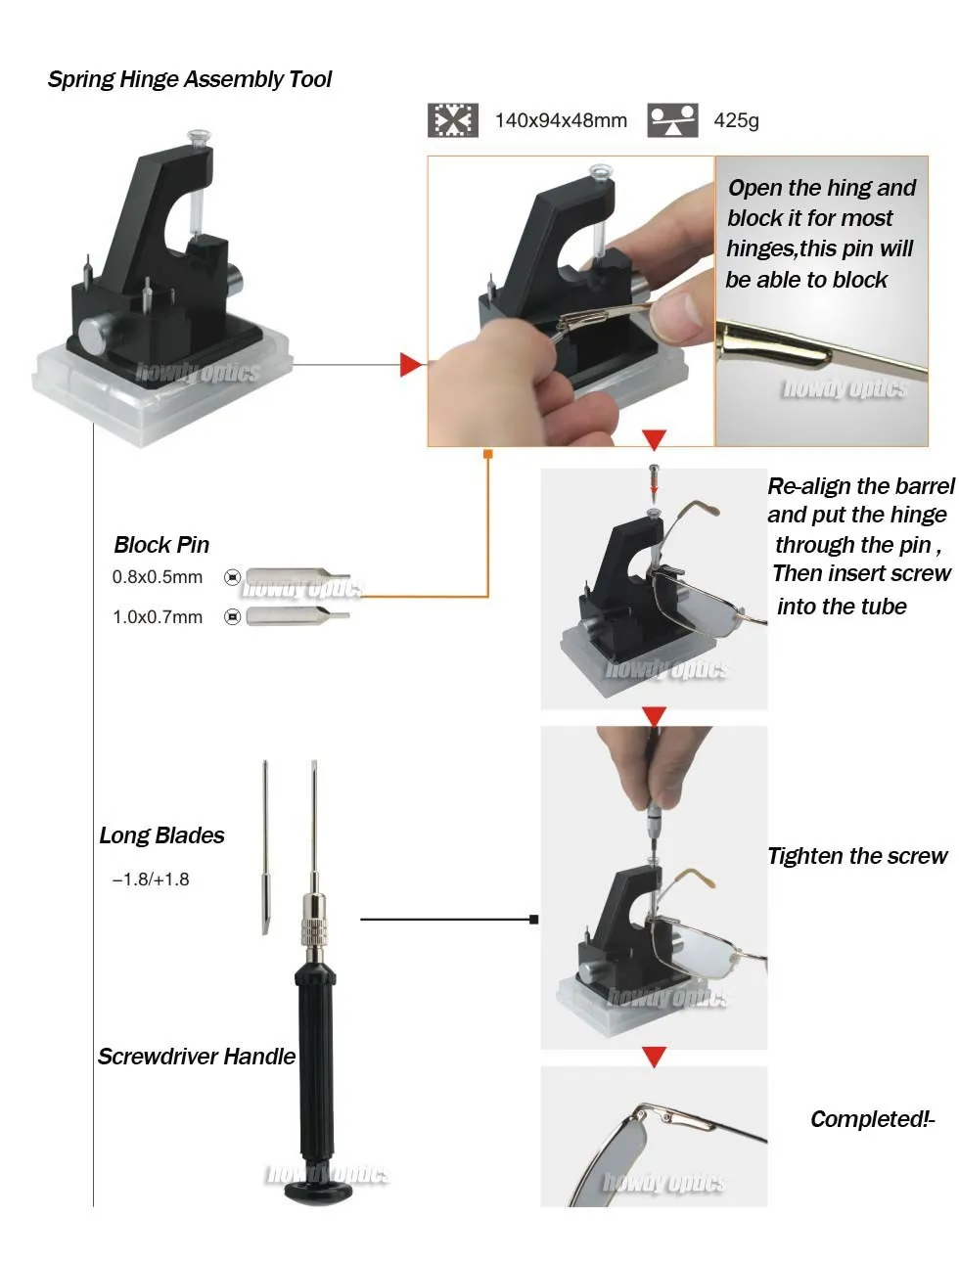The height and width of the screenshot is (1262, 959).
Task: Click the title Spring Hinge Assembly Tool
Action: click(x=189, y=79)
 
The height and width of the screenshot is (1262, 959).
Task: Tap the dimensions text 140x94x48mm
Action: click(x=561, y=120)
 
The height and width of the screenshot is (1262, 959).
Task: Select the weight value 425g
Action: click(x=736, y=120)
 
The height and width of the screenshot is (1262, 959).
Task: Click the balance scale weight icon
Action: click(x=672, y=120)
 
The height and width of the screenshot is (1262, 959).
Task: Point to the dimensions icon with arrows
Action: click(x=452, y=120)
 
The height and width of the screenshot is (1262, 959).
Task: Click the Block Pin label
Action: click(x=161, y=545)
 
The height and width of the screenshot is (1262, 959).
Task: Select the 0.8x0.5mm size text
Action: click(x=157, y=577)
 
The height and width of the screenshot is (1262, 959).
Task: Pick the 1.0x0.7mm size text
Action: click(x=157, y=617)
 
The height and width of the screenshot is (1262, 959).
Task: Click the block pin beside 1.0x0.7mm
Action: click(x=297, y=617)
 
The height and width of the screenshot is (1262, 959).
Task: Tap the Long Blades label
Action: click(x=161, y=835)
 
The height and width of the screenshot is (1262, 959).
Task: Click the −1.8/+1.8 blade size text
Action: click(x=151, y=879)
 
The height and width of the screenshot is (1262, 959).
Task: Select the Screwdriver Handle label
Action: click(x=196, y=1057)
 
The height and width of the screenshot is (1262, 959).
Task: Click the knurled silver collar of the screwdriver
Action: click(x=314, y=932)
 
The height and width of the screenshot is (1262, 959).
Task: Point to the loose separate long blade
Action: click(x=265, y=847)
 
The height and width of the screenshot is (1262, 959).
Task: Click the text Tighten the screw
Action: click(x=857, y=856)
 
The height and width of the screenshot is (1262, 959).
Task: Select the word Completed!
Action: click(x=870, y=1119)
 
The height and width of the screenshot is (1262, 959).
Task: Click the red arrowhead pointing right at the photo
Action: click(x=411, y=365)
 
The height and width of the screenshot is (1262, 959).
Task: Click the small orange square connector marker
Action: click(x=488, y=454)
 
